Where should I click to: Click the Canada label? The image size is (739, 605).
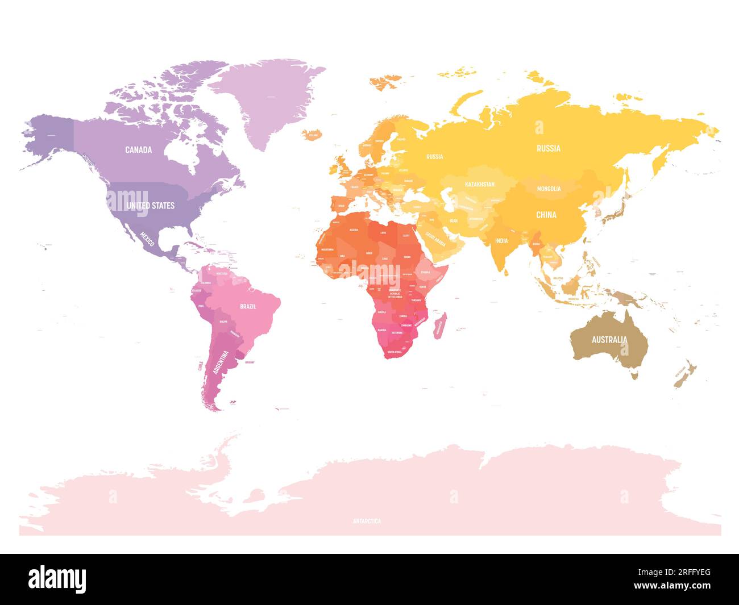(x=139, y=150)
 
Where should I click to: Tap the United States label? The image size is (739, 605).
(x=151, y=205)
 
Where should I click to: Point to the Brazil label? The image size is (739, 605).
(x=248, y=306)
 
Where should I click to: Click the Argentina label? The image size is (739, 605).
(x=221, y=362)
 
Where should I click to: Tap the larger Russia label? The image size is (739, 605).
(x=549, y=148)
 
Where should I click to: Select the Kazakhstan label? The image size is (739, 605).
(x=479, y=184)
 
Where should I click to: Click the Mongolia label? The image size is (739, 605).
(x=549, y=189)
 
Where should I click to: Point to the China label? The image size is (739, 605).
(x=546, y=215)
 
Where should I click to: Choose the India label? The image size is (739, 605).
(x=501, y=241)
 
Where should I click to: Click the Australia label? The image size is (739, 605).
(x=609, y=340)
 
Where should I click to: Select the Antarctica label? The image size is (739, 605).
(x=367, y=521)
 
